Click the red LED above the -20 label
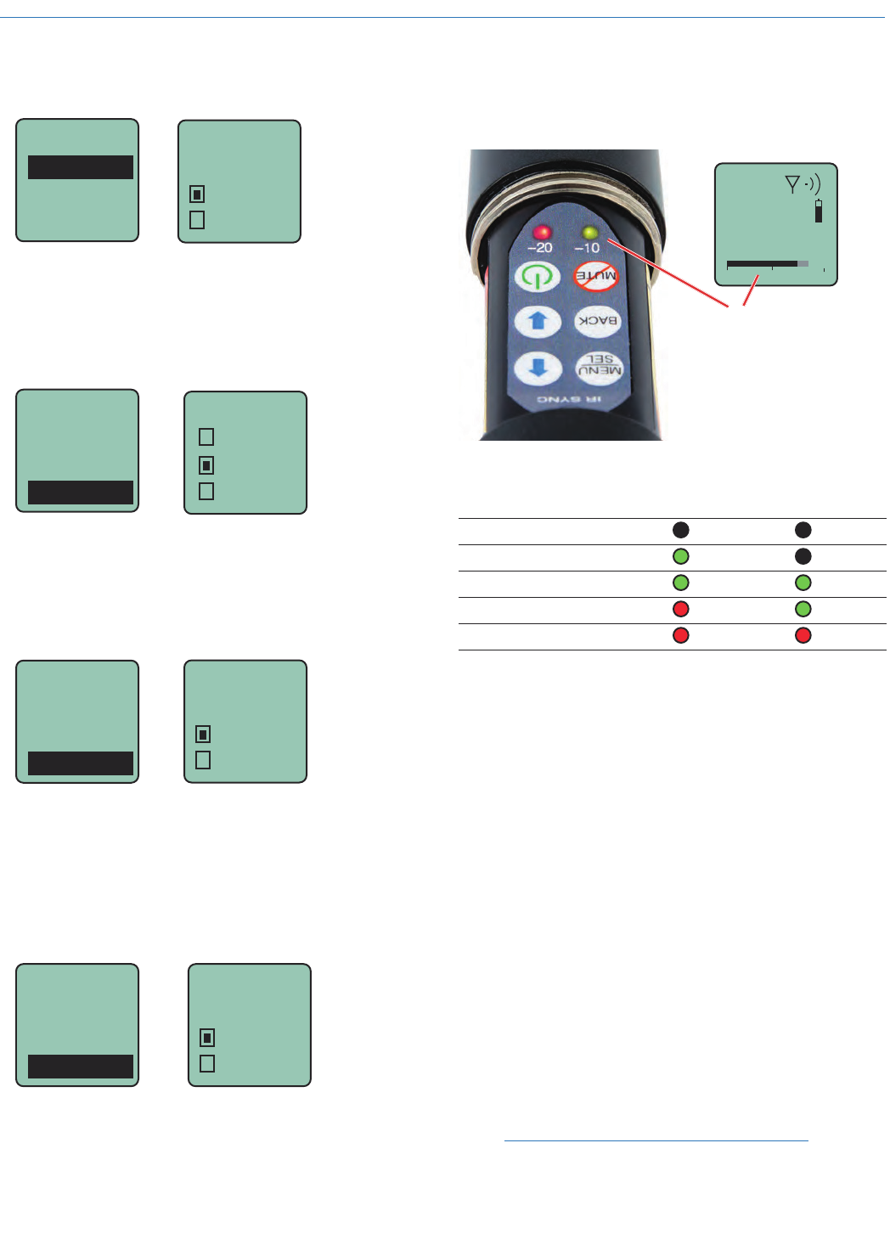click(x=541, y=232)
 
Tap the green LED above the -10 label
click(x=590, y=232)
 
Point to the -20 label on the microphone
click(x=540, y=248)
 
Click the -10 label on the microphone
click(x=587, y=248)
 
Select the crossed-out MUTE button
click(x=596, y=275)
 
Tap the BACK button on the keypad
click(x=598, y=320)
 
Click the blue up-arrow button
click(x=538, y=321)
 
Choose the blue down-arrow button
click(x=538, y=368)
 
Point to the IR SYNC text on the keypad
click(x=570, y=399)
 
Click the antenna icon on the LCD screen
click(x=793, y=183)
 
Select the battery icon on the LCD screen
click(x=819, y=211)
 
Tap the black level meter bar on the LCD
click(x=762, y=264)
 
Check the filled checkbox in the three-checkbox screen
click(x=206, y=465)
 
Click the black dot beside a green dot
click(x=803, y=556)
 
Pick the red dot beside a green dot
click(x=680, y=609)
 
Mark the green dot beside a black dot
click(x=680, y=556)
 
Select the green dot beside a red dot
click(x=803, y=609)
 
